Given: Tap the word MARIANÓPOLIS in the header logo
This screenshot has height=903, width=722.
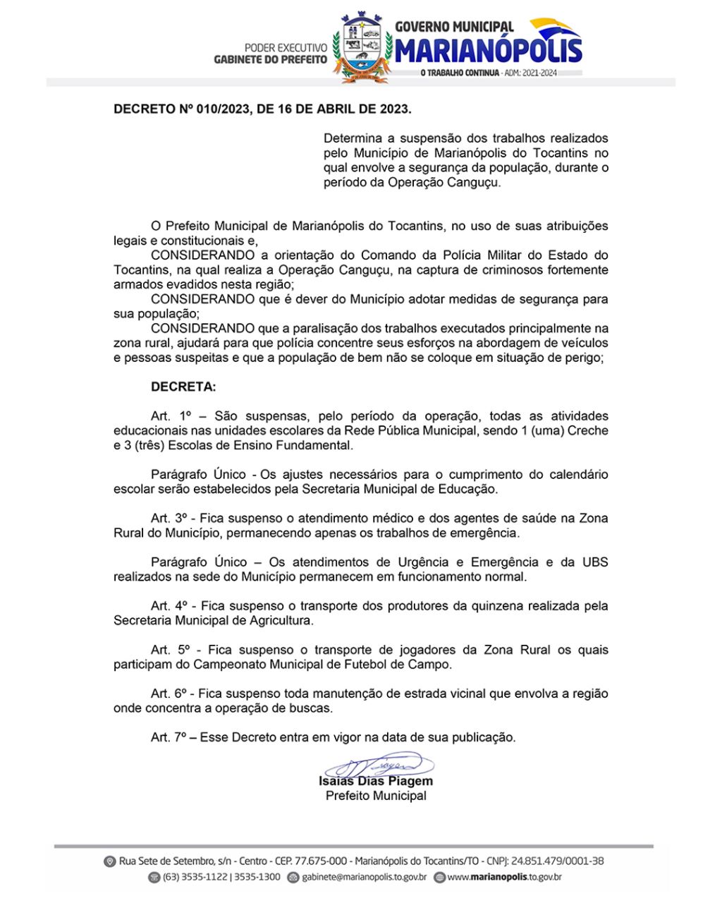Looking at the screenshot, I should (x=489, y=51).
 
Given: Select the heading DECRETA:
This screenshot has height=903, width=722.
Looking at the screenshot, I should (x=183, y=387).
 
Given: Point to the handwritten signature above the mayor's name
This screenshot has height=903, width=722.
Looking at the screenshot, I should (x=377, y=765).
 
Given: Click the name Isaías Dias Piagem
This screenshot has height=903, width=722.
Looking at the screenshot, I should (x=376, y=781).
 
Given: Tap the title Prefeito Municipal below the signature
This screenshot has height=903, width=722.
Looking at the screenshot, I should (x=376, y=796).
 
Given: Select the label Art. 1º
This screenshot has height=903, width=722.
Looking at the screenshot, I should (x=168, y=416).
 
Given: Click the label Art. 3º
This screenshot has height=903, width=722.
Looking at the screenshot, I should (x=168, y=518).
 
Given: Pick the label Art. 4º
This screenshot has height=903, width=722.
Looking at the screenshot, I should (x=168, y=606).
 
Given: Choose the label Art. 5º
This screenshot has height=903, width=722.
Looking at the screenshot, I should (x=168, y=650).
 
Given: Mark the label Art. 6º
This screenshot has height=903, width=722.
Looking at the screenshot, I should (x=168, y=693).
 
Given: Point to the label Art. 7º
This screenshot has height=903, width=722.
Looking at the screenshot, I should (x=168, y=737).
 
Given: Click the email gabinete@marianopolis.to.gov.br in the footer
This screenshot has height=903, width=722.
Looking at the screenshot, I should (x=364, y=877).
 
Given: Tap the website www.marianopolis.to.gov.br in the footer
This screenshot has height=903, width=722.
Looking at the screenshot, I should (x=504, y=877).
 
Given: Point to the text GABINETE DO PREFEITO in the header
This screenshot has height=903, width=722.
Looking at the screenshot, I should (x=271, y=60).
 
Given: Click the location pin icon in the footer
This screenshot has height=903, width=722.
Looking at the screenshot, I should (x=109, y=861).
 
